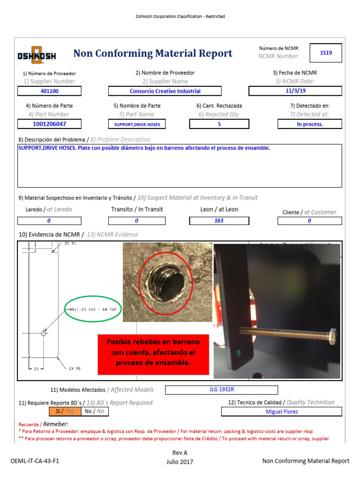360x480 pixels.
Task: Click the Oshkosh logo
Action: point(37,55)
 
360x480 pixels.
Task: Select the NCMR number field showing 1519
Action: point(326,53)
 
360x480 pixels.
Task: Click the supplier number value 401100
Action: point(49,91)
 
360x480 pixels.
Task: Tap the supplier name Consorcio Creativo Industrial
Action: point(165,91)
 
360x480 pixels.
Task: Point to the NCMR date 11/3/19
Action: point(295,91)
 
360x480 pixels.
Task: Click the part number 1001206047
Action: point(49,124)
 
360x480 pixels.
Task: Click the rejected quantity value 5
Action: point(219,124)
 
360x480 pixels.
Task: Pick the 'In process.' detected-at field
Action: point(309,124)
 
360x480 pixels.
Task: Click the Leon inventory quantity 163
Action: point(219,220)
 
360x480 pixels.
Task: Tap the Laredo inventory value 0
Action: point(49,220)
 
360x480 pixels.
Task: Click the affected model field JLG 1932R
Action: point(221,390)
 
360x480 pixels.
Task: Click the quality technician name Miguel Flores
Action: point(281,412)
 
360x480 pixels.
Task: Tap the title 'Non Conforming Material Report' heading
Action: point(153,53)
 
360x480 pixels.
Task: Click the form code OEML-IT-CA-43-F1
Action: point(35,461)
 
